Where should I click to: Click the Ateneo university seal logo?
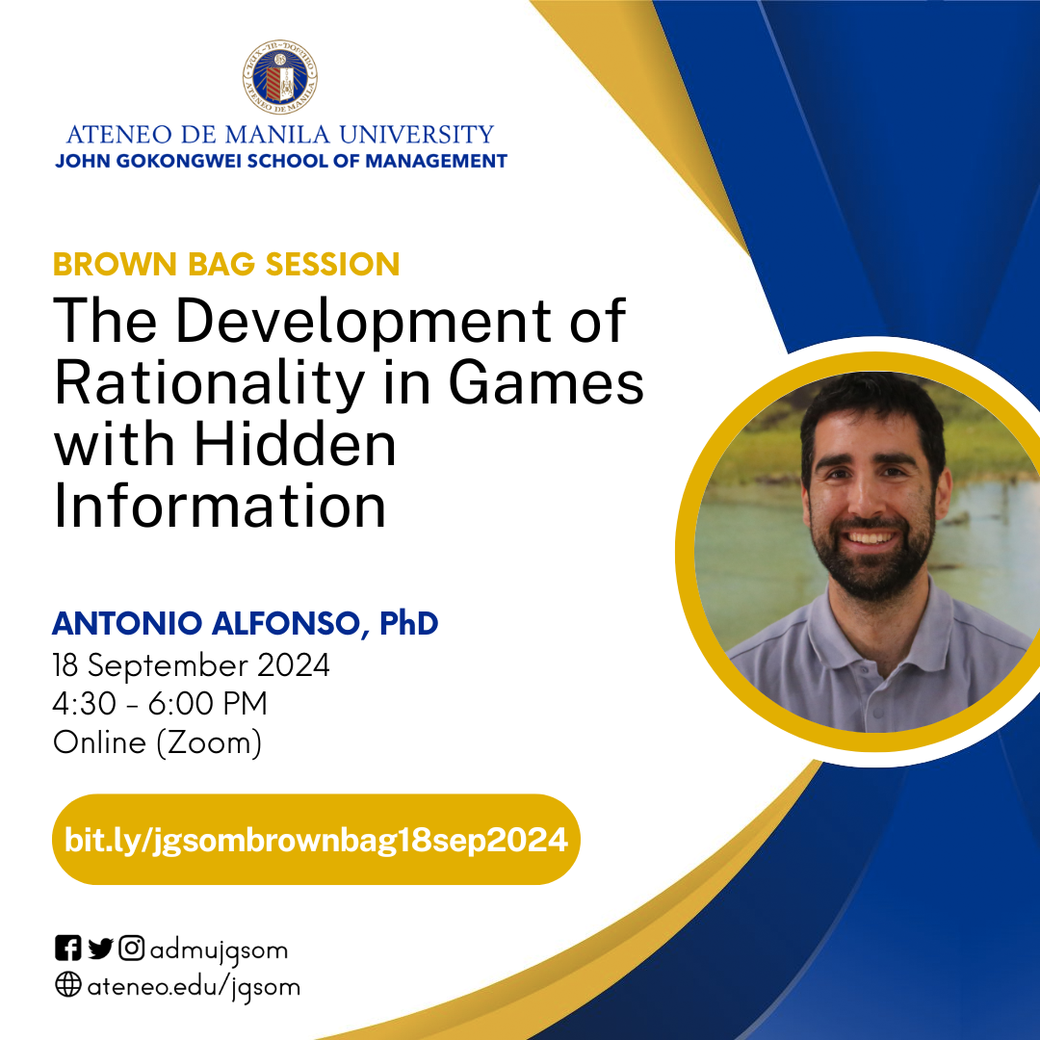(x=280, y=78)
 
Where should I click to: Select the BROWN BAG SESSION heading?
(x=226, y=264)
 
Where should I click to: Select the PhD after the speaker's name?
(x=409, y=624)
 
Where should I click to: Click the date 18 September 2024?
(x=191, y=665)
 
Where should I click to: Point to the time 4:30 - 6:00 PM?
(x=160, y=705)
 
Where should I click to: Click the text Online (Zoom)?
(x=157, y=743)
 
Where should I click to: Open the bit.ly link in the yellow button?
(x=316, y=840)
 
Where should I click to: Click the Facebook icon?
(x=67, y=949)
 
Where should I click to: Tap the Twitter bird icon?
(x=100, y=949)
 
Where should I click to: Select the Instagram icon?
(x=132, y=949)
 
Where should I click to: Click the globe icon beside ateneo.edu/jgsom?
(x=67, y=986)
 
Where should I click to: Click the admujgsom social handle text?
(x=219, y=950)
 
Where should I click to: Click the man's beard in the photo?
(x=871, y=568)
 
